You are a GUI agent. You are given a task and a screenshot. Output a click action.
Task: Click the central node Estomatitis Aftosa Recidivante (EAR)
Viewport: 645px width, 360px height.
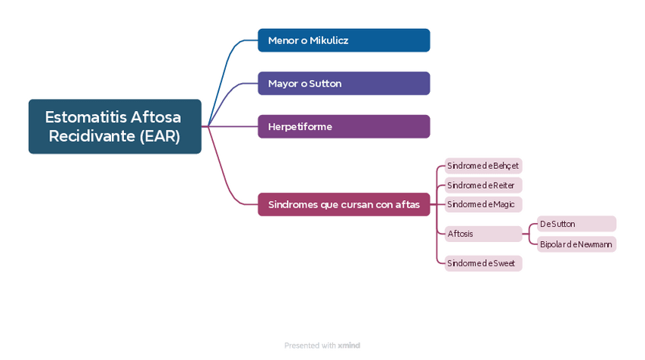pyautogui.click(x=115, y=126)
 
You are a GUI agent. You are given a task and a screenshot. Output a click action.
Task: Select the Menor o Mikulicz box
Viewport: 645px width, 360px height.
pyautogui.click(x=344, y=40)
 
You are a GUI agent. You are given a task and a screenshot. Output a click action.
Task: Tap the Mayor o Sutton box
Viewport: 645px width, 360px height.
pyautogui.click(x=344, y=83)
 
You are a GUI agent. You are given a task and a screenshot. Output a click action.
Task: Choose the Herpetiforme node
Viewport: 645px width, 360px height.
pyautogui.click(x=344, y=126)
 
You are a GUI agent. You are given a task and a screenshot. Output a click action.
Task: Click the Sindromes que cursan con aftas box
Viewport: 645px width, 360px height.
pyautogui.click(x=344, y=205)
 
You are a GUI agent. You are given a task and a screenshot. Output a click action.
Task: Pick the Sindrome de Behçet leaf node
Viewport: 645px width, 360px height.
pyautogui.click(x=483, y=166)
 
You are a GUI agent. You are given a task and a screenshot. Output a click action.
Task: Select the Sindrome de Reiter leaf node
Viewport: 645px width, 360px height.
pyautogui.click(x=483, y=186)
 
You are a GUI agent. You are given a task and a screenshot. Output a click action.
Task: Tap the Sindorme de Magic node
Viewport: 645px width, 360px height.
pyautogui.click(x=483, y=204)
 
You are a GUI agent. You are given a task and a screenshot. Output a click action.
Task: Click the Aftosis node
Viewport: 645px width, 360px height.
pyautogui.click(x=483, y=234)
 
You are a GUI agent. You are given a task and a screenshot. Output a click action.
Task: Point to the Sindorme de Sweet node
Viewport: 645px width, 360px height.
pyautogui.click(x=483, y=263)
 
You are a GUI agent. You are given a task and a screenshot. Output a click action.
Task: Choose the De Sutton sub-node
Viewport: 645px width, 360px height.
pyautogui.click(x=576, y=224)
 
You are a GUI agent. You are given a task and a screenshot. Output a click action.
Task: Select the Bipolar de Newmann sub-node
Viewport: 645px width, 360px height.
pyautogui.click(x=576, y=244)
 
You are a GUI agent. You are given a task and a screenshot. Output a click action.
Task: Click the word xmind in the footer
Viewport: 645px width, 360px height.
pyautogui.click(x=349, y=346)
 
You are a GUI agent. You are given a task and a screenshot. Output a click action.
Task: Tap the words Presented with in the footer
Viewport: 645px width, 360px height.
pyautogui.click(x=310, y=346)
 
